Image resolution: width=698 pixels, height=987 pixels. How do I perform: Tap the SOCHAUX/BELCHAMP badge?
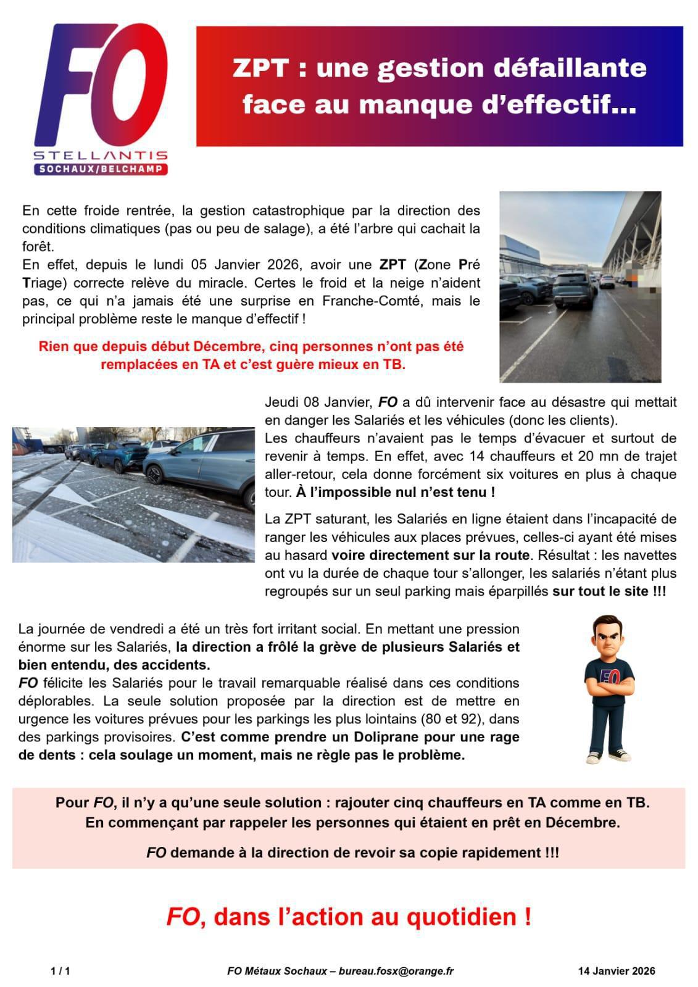(101, 169)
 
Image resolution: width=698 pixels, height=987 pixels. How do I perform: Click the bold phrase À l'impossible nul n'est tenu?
(395, 493)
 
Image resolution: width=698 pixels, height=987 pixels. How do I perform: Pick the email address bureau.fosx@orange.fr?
(397, 971)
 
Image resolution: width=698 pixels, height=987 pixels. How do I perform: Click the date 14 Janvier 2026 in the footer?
(617, 971)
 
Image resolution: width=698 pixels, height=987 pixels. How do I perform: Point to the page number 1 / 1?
(60, 971)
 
